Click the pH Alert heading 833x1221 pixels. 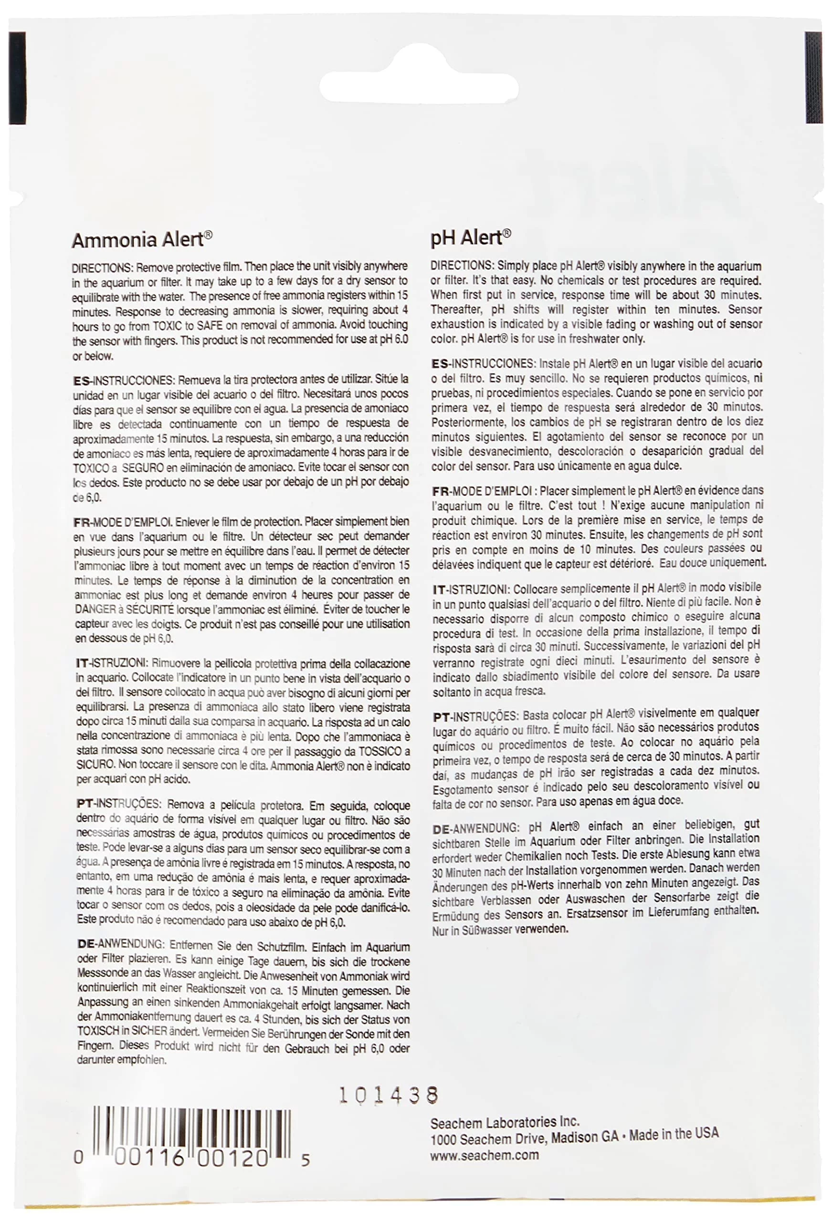[x=466, y=238]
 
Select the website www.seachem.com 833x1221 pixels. [x=484, y=1155]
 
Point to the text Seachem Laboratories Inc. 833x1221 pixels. [x=504, y=1123]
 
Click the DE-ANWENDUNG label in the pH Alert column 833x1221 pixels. [x=475, y=829]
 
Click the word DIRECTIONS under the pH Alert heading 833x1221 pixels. [x=461, y=266]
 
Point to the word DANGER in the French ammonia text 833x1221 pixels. [x=95, y=610]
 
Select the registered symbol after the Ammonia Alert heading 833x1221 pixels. [x=208, y=235]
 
